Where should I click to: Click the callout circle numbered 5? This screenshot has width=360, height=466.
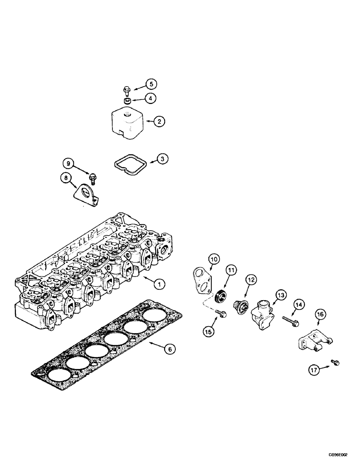point(138,84)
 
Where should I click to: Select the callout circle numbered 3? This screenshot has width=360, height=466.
point(162,159)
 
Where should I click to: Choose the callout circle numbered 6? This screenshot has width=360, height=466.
point(171,348)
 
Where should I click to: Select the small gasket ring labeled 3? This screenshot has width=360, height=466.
point(132,164)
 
